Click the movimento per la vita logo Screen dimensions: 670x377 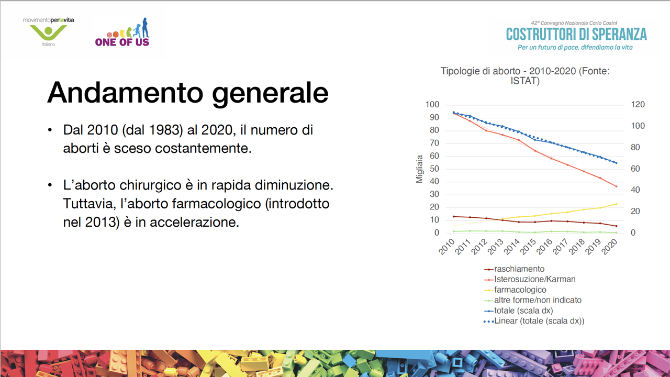pos(49,32)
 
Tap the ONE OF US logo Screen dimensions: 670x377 pos(122,32)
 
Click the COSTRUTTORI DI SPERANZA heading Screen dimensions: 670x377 pos(576,35)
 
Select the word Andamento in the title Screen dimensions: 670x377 pos(125,93)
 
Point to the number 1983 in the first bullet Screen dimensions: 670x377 pos(166,130)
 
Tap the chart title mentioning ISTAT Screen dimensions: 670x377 pos(525,76)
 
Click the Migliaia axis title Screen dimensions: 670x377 pos(420,169)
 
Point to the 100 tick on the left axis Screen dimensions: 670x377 pos(432,104)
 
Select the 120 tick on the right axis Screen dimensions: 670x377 pos(638,104)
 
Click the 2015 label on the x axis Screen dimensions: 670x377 pos(528,247)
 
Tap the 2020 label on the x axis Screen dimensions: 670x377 pos(609,247)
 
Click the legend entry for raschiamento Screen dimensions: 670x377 pos(514,269)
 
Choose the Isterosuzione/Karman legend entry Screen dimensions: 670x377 pos(530,279)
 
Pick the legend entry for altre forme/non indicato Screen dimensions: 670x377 pos(533,300)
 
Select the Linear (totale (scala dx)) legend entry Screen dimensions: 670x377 pos(534,321)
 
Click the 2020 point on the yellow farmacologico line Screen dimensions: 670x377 pos(616,204)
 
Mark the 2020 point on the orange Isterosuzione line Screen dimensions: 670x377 pos(616,186)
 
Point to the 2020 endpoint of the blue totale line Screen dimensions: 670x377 pos(616,163)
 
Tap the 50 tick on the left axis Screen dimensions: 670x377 pos(434,169)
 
